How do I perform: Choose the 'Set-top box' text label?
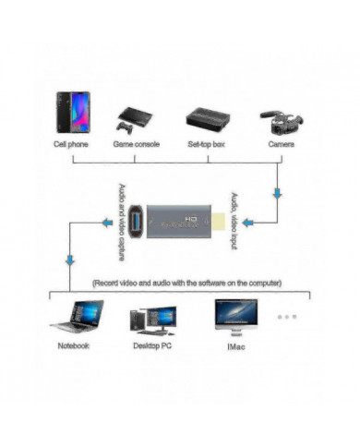(x=207, y=145)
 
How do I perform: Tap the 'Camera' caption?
(x=282, y=145)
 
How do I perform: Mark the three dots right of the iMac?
(x=286, y=317)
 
